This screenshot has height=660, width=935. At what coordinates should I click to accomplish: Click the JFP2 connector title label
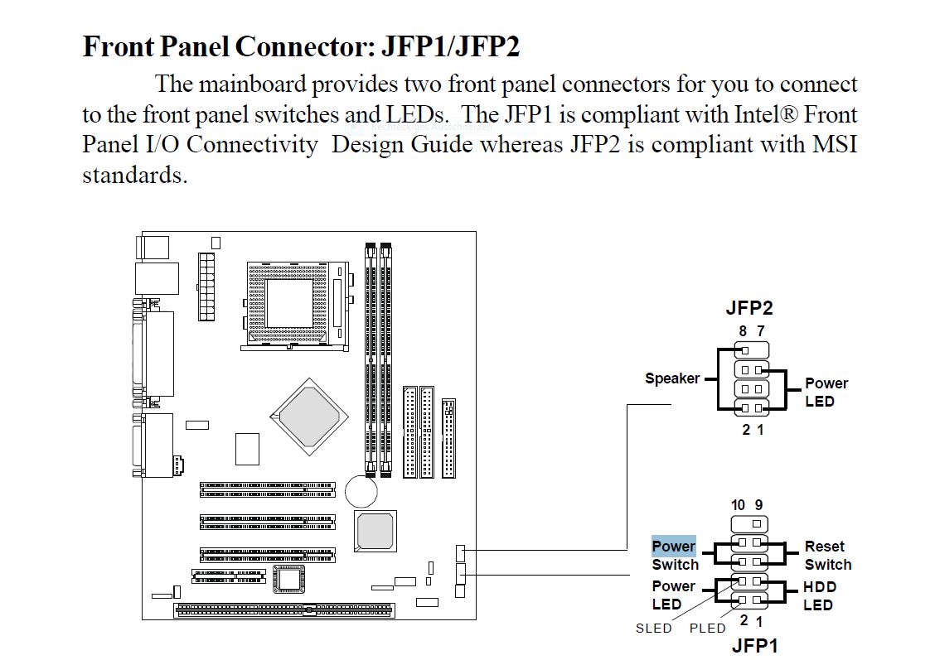[748, 308]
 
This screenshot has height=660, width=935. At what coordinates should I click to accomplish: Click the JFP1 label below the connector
[754, 646]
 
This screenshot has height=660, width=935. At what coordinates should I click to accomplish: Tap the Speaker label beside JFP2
[671, 378]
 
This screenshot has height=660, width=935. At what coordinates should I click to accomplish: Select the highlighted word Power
[673, 547]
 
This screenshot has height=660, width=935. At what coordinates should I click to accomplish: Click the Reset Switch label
[826, 556]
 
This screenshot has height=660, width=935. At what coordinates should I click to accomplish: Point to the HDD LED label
[819, 595]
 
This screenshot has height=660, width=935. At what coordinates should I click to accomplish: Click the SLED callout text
[653, 629]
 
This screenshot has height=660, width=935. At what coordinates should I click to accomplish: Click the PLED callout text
[707, 629]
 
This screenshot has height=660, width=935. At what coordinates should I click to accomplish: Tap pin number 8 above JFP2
[743, 330]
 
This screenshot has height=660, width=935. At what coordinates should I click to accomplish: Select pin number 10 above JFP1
[738, 504]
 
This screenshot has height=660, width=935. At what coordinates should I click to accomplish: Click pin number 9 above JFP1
[758, 504]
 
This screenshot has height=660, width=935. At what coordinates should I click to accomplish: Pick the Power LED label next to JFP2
[826, 393]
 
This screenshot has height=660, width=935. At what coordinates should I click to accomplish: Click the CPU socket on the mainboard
[290, 304]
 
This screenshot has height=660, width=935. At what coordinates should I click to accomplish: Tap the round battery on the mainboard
[361, 490]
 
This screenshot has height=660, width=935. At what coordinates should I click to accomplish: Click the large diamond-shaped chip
[308, 412]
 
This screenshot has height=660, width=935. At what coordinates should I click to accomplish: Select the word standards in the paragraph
[133, 176]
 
